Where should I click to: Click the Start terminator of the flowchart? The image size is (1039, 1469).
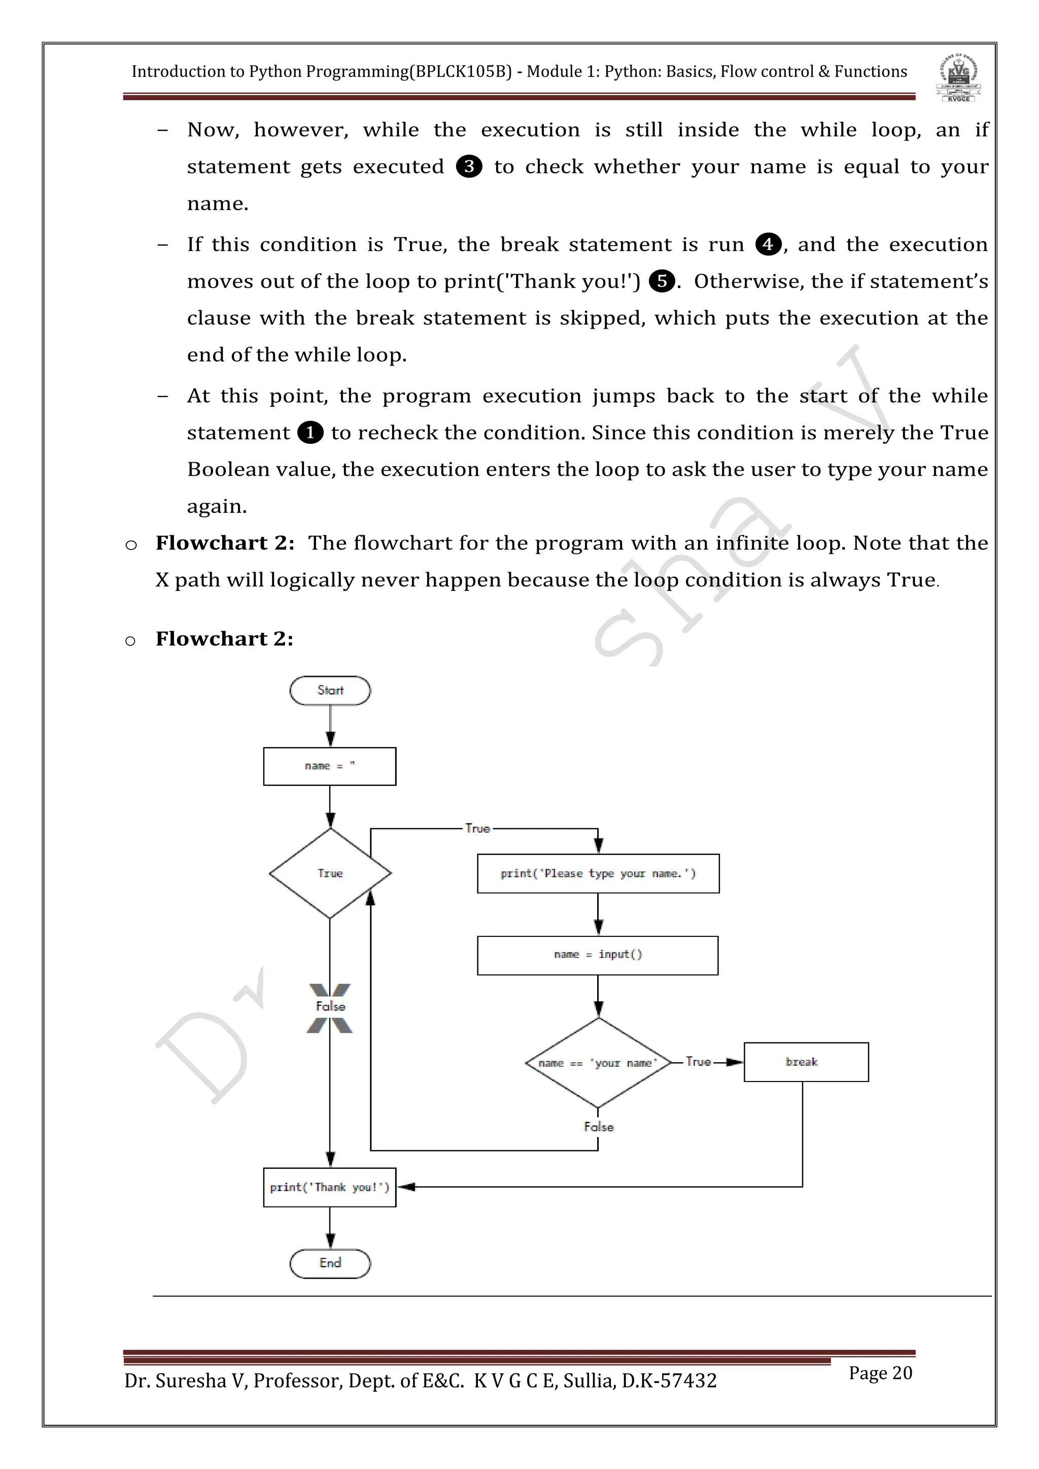(330, 690)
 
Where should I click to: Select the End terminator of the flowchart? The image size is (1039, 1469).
(330, 1263)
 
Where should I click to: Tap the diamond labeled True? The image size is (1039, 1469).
(330, 873)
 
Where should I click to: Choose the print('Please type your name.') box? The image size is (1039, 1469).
(598, 873)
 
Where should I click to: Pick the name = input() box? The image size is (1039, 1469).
(598, 955)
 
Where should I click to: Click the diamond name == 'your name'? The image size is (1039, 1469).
(598, 1063)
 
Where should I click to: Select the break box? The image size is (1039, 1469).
(806, 1062)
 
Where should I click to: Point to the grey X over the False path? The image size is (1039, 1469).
(330, 1008)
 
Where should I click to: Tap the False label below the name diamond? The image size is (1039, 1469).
(598, 1127)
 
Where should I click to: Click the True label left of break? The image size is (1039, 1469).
(698, 1062)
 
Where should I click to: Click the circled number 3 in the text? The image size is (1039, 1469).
(469, 167)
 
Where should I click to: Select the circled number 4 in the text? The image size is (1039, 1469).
(768, 244)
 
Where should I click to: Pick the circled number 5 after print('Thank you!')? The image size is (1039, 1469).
(662, 282)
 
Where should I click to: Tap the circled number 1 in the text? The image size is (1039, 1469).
(310, 433)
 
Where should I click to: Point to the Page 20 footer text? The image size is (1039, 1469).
(880, 1373)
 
